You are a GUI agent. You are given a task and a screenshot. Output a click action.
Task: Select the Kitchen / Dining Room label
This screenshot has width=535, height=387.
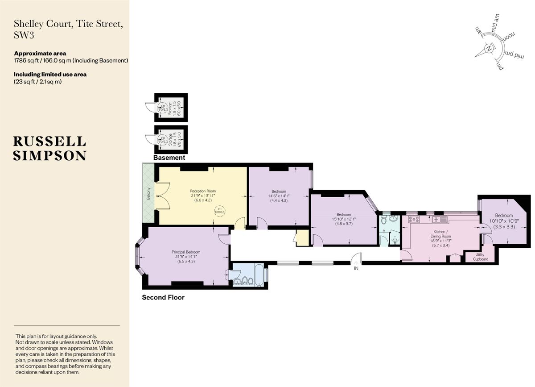(x=440, y=234)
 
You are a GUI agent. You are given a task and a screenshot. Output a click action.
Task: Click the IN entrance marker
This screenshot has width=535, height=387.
(x=356, y=269)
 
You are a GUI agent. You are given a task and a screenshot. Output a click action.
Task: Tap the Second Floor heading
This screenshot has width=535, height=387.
(x=163, y=297)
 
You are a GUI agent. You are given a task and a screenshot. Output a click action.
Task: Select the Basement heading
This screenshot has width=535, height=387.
(x=169, y=158)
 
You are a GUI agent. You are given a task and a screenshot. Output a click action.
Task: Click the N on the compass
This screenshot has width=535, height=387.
(x=489, y=48)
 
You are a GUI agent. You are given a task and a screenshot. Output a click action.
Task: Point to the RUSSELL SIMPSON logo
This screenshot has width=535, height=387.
(x=49, y=148)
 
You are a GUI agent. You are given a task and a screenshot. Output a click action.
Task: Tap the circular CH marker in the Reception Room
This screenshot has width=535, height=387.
(x=219, y=211)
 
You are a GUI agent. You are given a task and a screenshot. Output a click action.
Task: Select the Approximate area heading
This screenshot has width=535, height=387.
(x=40, y=54)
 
